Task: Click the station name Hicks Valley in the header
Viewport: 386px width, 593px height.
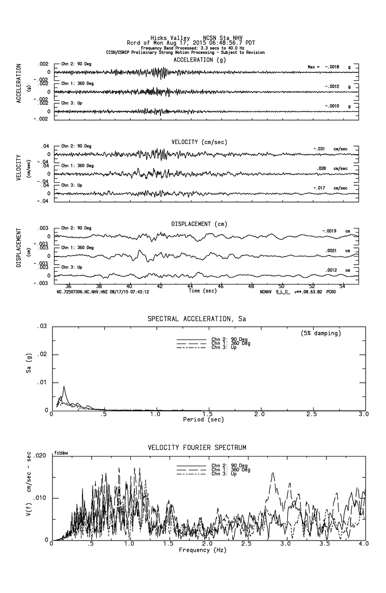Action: point(170,39)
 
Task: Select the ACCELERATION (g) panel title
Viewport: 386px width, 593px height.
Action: point(200,60)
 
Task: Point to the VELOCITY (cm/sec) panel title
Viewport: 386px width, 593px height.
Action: point(199,142)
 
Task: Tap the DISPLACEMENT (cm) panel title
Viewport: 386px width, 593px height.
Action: point(199,224)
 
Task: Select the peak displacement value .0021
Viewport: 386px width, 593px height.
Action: point(332,250)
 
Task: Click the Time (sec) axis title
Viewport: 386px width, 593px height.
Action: point(202,291)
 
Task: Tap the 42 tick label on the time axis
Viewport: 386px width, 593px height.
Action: point(160,286)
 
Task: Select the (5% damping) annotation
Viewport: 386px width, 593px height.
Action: point(321,333)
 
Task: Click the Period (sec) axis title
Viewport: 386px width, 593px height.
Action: point(203,419)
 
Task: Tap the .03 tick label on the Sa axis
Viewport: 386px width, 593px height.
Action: point(43,326)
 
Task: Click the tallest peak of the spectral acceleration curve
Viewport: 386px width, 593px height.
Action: point(64,386)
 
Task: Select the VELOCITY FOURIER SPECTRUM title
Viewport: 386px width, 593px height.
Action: point(197,448)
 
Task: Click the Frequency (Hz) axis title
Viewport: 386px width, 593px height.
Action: point(203,550)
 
